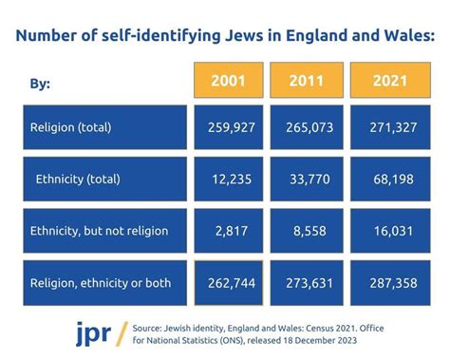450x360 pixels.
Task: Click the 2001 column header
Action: (228, 81)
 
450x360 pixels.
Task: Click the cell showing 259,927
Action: (228, 126)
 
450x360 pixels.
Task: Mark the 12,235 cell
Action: (228, 178)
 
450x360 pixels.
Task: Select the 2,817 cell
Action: (228, 230)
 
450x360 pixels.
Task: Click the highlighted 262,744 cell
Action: (228, 282)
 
